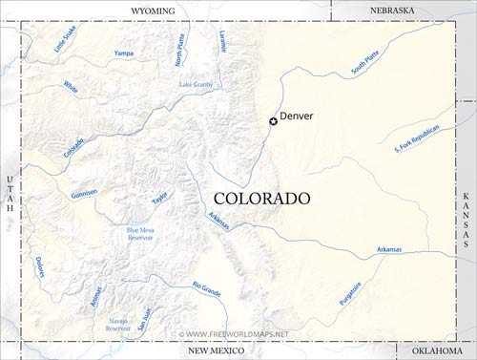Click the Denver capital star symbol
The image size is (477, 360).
[x=273, y=121]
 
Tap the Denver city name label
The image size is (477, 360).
[x=297, y=116]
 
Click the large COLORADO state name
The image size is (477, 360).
[x=261, y=198]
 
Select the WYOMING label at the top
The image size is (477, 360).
[x=153, y=11]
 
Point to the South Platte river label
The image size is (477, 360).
[x=364, y=64]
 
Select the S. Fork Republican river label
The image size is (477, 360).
[x=417, y=138]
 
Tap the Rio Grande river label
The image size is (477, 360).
[x=207, y=287]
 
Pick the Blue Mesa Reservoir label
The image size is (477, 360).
[x=140, y=233]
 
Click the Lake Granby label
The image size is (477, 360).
[x=197, y=85]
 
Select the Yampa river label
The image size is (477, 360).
[x=124, y=53]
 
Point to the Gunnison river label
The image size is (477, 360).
[x=84, y=194]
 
